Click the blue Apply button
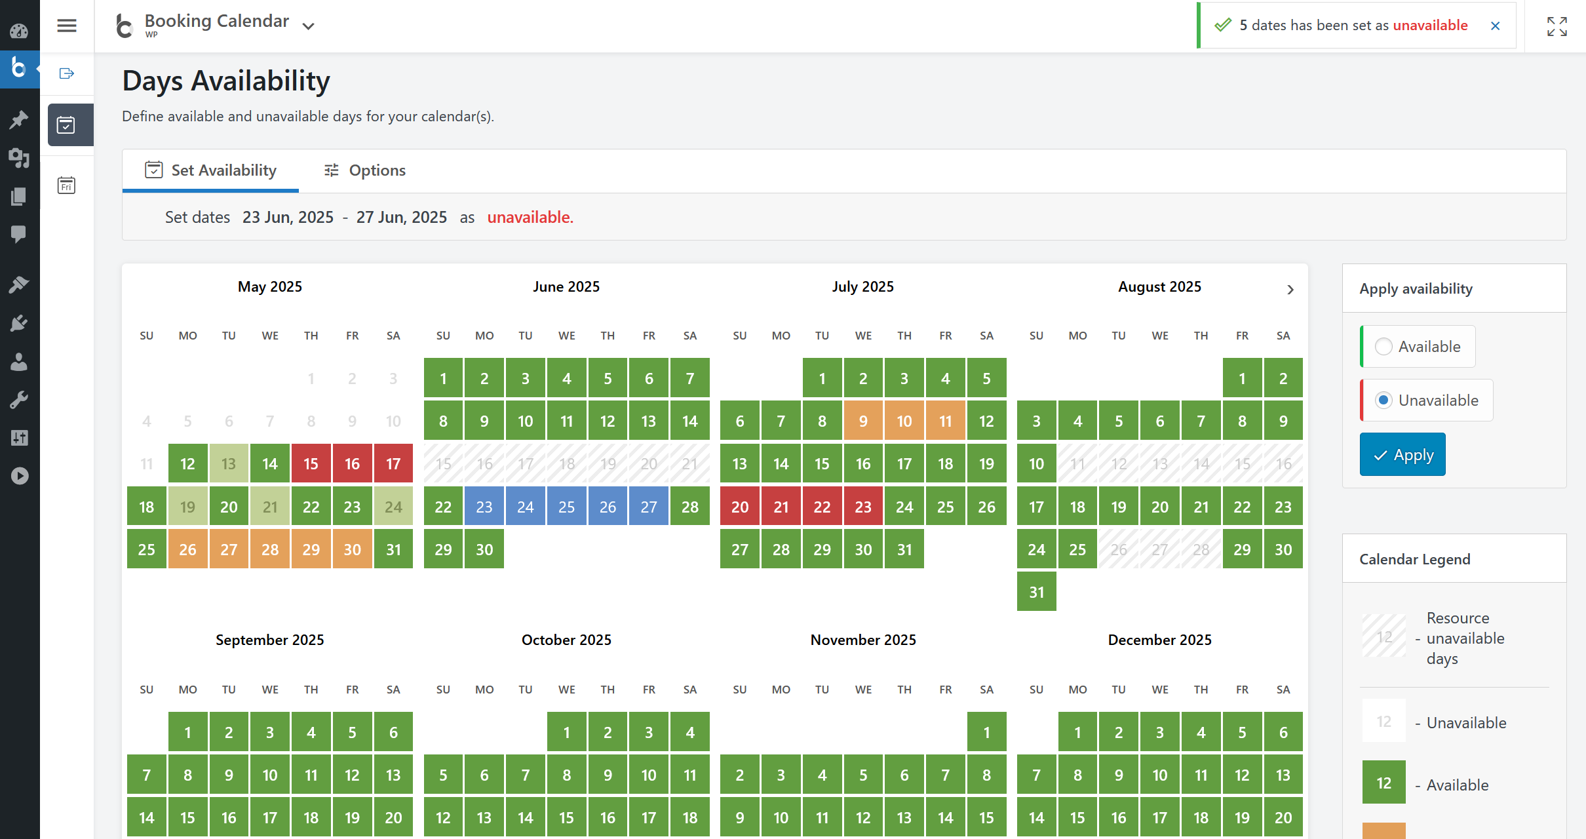(1402, 455)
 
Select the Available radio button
(1383, 347)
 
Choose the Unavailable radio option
(1383, 400)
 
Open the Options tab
(364, 170)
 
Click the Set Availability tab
(210, 170)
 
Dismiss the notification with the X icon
(1495, 26)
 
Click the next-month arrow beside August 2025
(1290, 290)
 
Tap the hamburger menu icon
(67, 26)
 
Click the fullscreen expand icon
(1557, 26)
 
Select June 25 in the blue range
(566, 507)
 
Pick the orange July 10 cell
(904, 421)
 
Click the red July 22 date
(822, 507)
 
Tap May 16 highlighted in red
(352, 464)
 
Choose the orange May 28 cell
(270, 549)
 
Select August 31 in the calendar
(1036, 592)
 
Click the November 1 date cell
(986, 732)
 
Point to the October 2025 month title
(566, 640)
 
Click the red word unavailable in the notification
(1430, 26)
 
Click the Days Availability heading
(226, 81)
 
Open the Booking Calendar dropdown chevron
(308, 26)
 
